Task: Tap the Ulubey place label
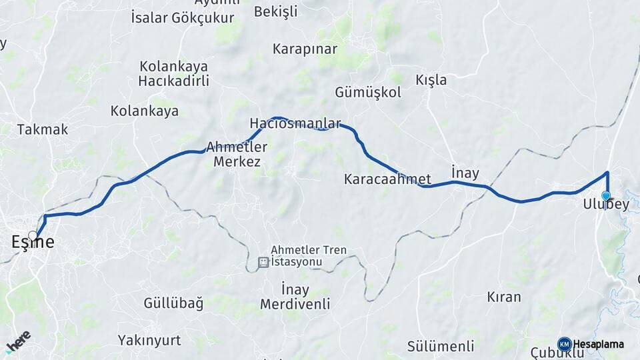[x=605, y=205]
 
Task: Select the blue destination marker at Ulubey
[x=606, y=195]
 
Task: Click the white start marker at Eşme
[x=33, y=235]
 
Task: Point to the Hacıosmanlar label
[x=295, y=123]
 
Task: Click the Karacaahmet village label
[x=387, y=179]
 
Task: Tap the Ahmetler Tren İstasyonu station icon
[x=263, y=263]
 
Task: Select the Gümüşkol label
[x=368, y=93]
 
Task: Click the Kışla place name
[x=431, y=80]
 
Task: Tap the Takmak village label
[x=43, y=129]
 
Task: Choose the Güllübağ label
[x=173, y=303]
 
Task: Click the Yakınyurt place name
[x=149, y=340]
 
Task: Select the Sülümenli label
[x=441, y=345]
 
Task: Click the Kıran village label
[x=504, y=297]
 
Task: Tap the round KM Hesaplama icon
[x=564, y=344]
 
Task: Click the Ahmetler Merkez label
[x=237, y=153]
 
